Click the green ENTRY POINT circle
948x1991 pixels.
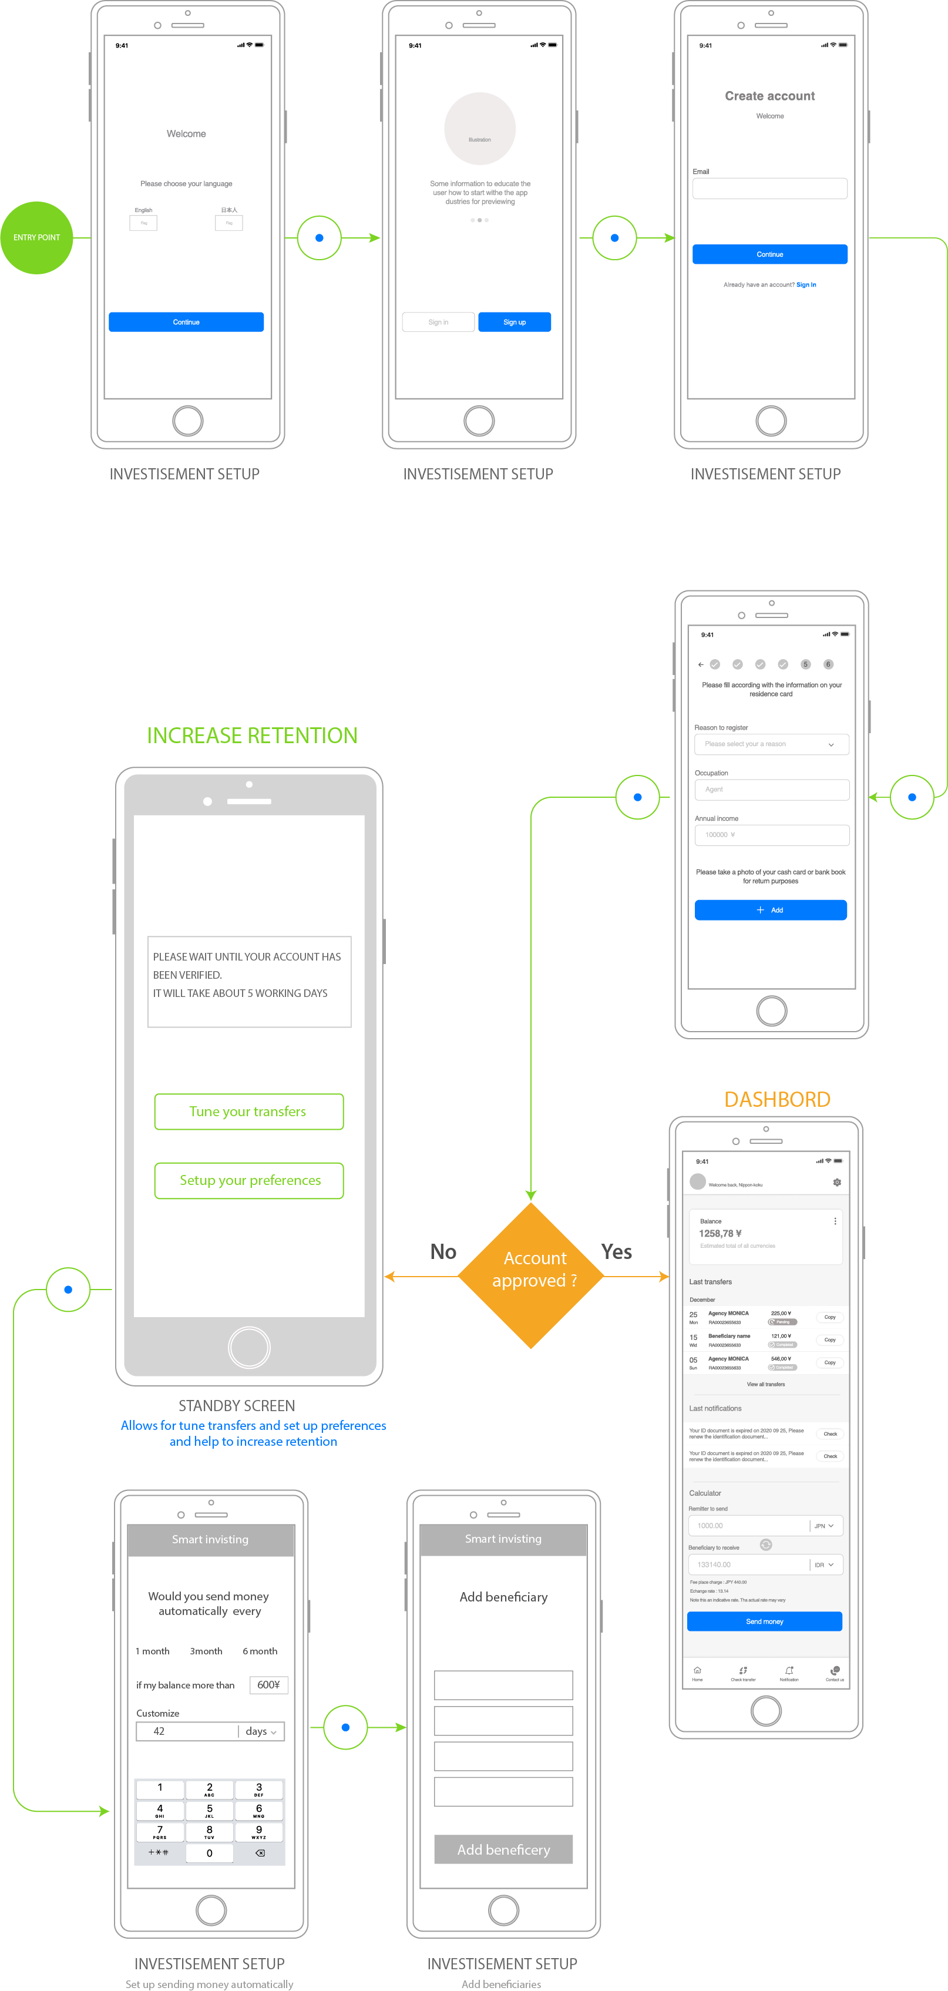(x=36, y=237)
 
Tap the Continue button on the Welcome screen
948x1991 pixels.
(x=186, y=321)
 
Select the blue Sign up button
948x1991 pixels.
(x=514, y=321)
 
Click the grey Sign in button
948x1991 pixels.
(x=438, y=321)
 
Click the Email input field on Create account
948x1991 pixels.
(x=769, y=189)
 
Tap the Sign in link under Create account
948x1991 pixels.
(x=806, y=284)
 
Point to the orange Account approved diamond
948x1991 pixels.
(x=531, y=1275)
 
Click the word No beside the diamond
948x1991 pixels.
(x=443, y=1251)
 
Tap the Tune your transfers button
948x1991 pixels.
(x=248, y=1112)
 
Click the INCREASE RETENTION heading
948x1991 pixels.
(x=252, y=735)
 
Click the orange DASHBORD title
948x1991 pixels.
(x=776, y=1099)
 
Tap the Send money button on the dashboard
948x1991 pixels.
(x=764, y=1621)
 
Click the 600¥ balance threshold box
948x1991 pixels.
(x=268, y=1684)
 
